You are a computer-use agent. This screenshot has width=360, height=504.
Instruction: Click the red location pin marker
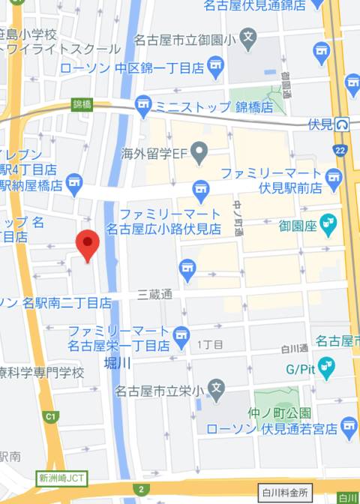tap(88, 244)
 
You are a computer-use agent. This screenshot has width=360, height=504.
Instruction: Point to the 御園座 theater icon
tap(328, 222)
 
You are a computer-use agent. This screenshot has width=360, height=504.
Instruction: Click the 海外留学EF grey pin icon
tap(199, 155)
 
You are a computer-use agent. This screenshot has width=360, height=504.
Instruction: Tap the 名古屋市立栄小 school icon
tap(216, 389)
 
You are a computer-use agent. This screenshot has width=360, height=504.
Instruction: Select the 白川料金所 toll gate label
tap(285, 493)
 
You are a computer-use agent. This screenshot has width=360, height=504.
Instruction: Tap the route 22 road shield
tap(340, 151)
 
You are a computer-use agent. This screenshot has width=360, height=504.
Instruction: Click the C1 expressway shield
tap(51, 416)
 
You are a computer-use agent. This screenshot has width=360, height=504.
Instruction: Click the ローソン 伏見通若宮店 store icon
tap(348, 428)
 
